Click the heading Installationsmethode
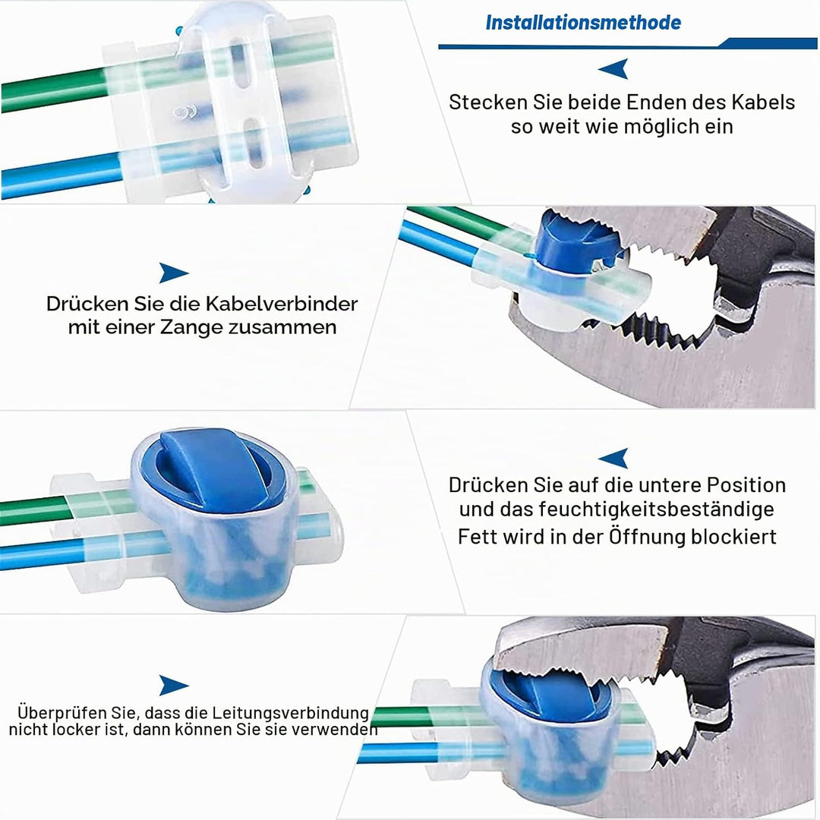[583, 23]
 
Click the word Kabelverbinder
[282, 303]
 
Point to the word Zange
[192, 327]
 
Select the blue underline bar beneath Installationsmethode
[628, 46]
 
